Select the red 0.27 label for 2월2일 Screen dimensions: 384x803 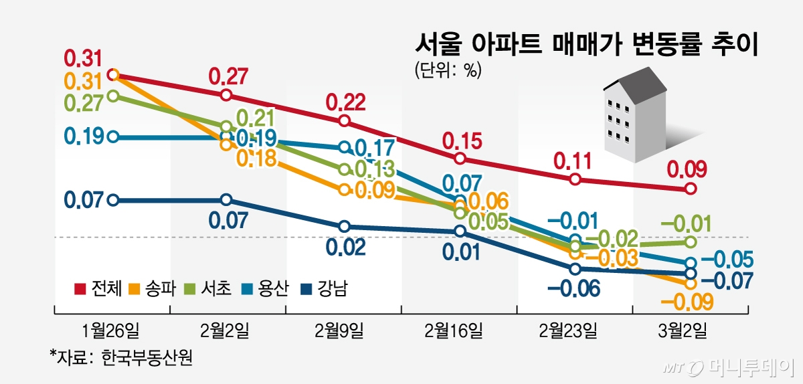[x=228, y=76]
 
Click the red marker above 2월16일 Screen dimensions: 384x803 [x=460, y=159]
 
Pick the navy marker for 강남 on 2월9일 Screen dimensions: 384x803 [x=344, y=227]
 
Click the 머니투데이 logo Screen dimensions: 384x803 [x=729, y=367]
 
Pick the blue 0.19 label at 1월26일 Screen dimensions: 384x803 [x=84, y=137]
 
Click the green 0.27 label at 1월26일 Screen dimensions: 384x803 [x=84, y=104]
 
